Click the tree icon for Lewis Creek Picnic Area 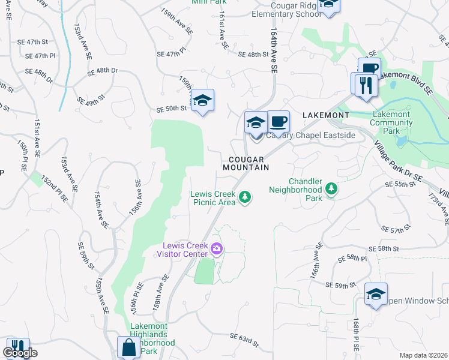click(x=245, y=197)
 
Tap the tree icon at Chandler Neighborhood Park click(x=331, y=190)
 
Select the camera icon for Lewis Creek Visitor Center click(x=216, y=249)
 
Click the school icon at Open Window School click(x=376, y=294)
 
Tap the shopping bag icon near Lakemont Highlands click(x=128, y=347)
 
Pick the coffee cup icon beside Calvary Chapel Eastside click(x=278, y=122)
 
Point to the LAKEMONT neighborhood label click(x=325, y=115)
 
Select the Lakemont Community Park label click(x=391, y=122)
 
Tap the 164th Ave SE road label click(x=274, y=50)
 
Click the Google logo click(x=20, y=353)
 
